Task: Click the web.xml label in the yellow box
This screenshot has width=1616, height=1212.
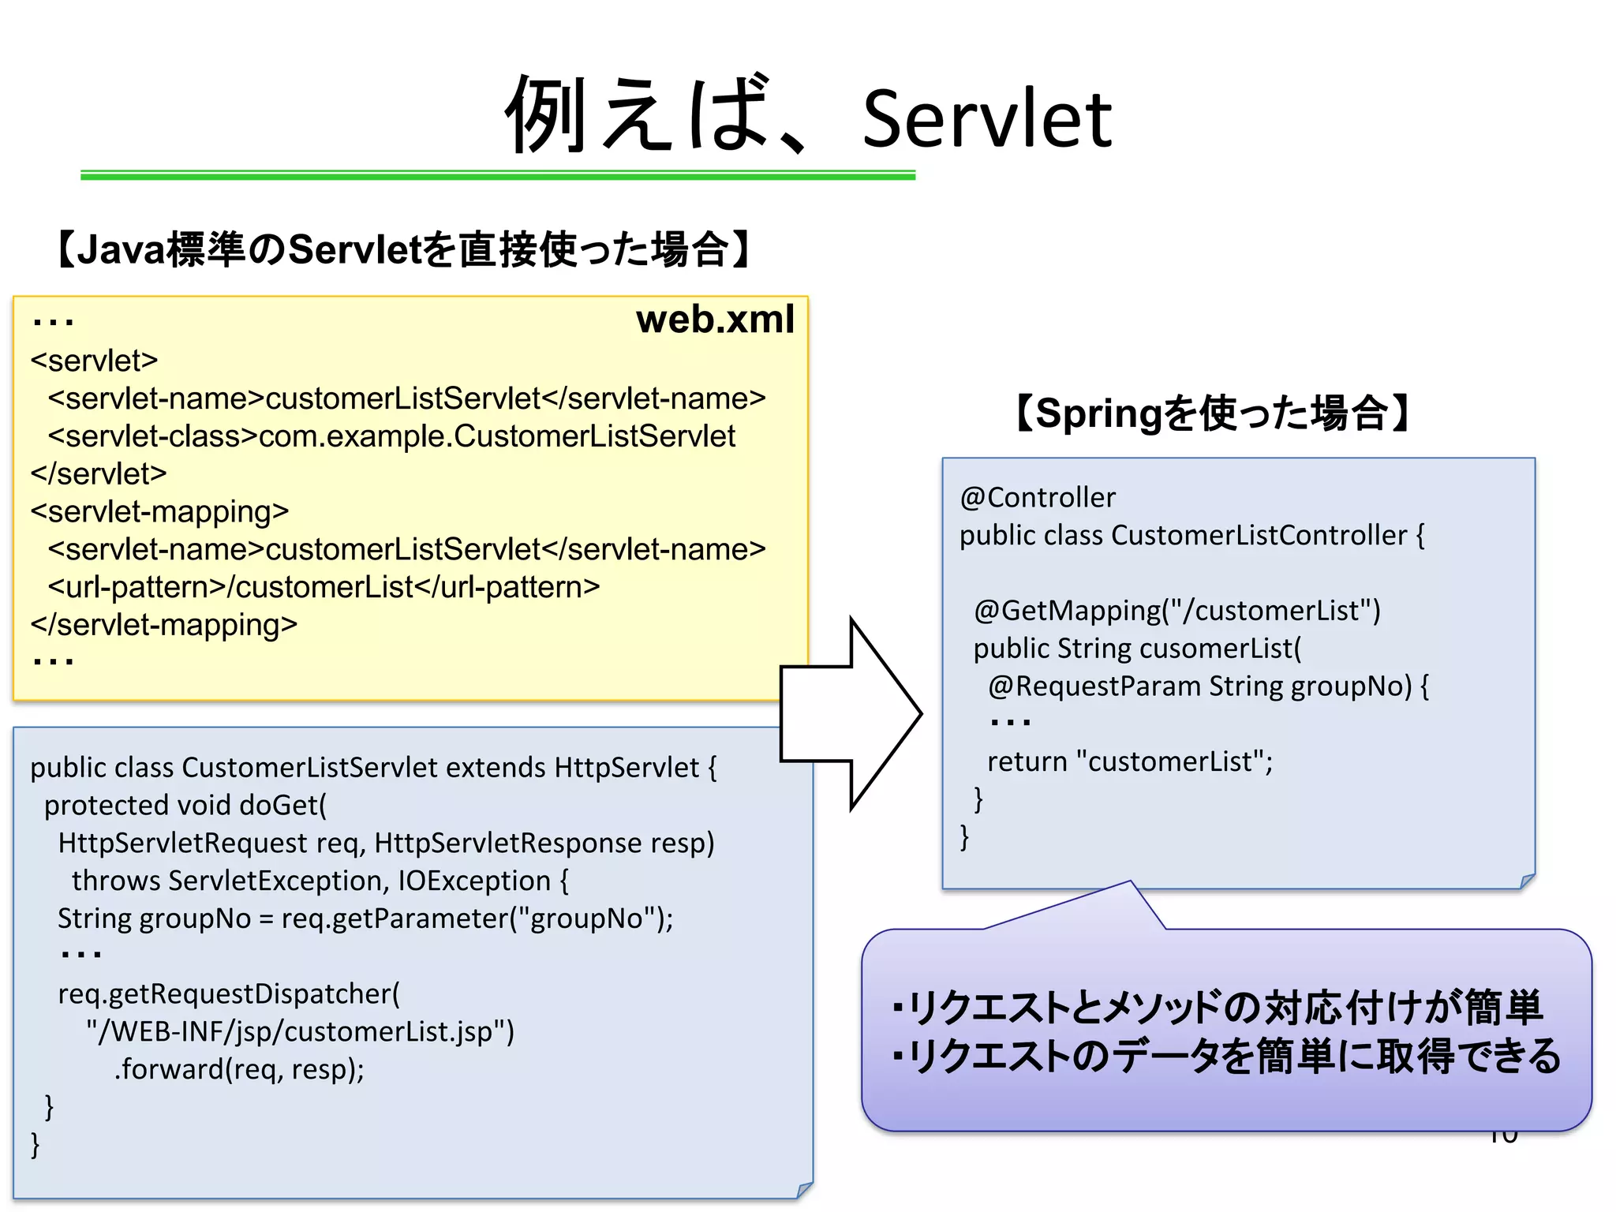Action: (x=714, y=320)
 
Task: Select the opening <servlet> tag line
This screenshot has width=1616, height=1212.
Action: (x=95, y=361)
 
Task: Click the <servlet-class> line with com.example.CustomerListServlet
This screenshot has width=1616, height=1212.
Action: (x=391, y=436)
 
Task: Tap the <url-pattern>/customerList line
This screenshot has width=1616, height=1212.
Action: (x=324, y=587)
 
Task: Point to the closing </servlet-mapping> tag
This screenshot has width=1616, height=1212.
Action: (x=164, y=625)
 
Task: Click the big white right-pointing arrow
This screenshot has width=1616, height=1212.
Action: (x=852, y=713)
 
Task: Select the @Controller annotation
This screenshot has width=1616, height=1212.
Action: (x=1038, y=498)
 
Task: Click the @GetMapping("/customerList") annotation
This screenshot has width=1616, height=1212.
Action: (x=1176, y=611)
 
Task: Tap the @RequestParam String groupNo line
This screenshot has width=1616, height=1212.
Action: (x=1207, y=686)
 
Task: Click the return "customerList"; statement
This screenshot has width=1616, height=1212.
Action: (x=1130, y=761)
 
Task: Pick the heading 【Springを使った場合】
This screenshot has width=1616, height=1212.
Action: (x=1212, y=413)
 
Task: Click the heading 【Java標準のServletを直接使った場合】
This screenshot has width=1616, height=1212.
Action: (x=402, y=250)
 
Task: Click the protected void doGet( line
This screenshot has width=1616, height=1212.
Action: (x=185, y=806)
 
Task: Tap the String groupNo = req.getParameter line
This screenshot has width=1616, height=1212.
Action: (x=365, y=919)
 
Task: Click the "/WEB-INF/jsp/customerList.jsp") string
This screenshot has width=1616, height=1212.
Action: (x=300, y=1032)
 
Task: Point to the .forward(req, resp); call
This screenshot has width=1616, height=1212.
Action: (x=239, y=1070)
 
